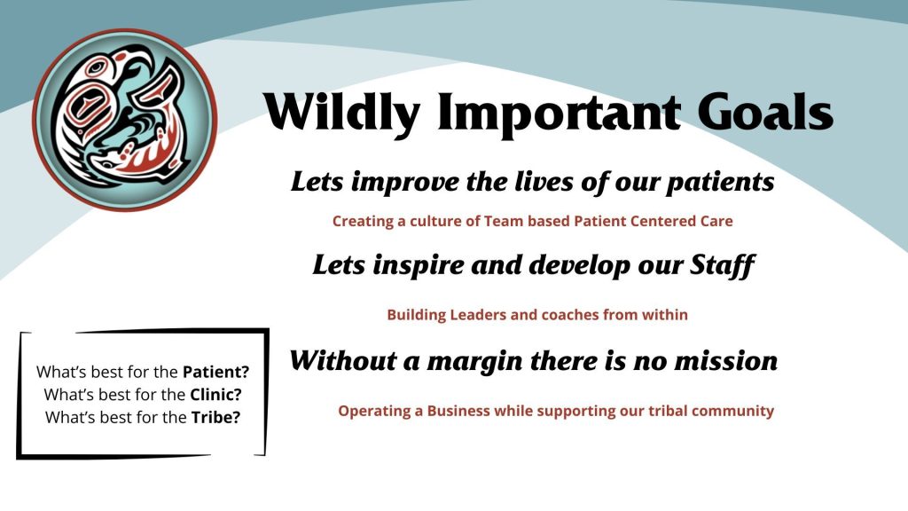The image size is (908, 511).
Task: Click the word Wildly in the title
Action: pos(341,113)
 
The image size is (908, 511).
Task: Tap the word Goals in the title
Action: pos(765,111)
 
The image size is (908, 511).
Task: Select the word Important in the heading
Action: pos(559,114)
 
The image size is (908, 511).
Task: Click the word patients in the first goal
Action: pos(720,183)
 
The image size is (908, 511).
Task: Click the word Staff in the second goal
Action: pos(722,266)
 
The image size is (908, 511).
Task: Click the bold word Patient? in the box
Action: pos(216,372)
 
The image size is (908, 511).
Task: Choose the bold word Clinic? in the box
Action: pos(216,395)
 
